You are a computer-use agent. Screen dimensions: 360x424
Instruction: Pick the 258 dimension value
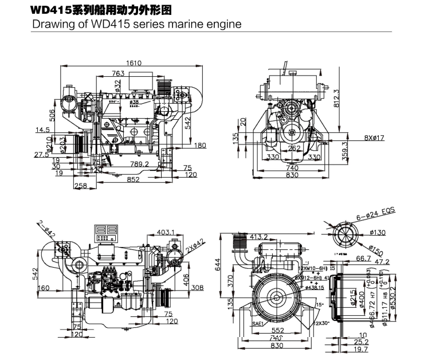80,186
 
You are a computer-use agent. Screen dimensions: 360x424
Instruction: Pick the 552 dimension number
277,331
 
